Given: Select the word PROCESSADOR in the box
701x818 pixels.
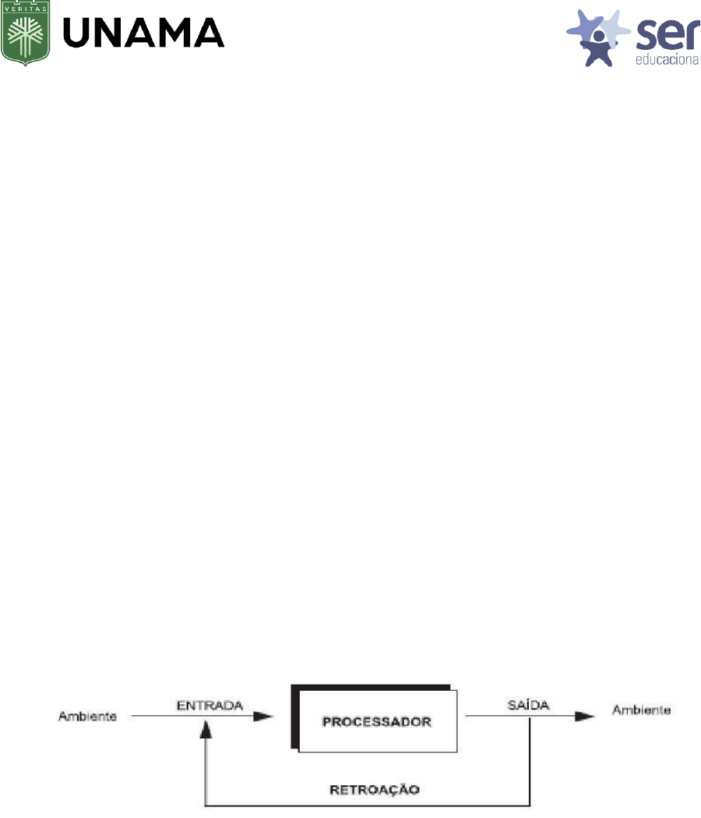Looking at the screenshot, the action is (378, 722).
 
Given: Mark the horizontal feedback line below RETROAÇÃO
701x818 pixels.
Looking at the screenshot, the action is (366, 805).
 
